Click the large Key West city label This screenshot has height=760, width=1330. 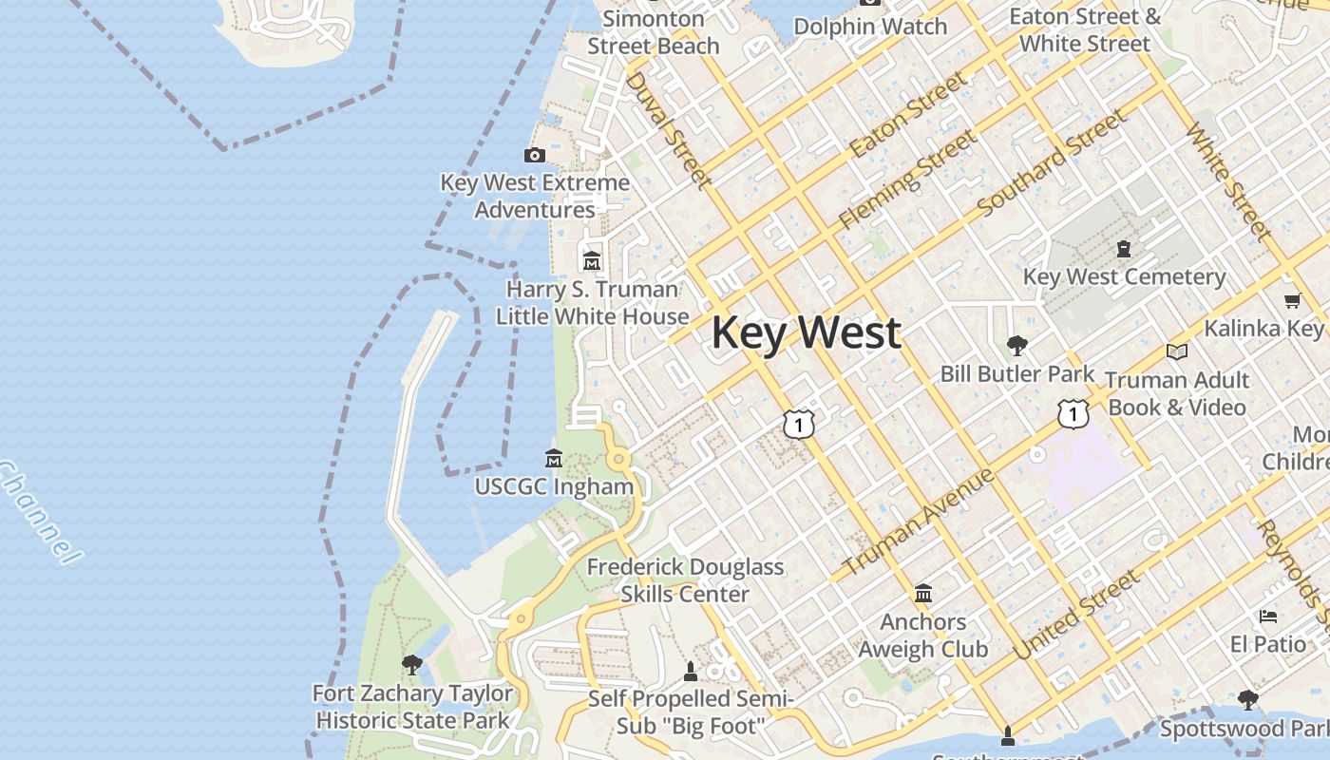(806, 332)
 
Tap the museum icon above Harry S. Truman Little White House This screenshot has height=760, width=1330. (592, 259)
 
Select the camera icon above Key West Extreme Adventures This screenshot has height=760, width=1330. (535, 155)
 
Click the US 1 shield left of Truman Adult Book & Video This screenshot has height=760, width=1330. (1073, 413)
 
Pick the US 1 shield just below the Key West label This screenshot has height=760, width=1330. (799, 424)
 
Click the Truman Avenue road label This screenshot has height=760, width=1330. (918, 521)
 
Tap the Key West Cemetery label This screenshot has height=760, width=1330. (1124, 277)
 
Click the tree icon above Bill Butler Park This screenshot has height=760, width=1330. (1016, 345)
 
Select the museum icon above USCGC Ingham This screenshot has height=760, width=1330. (554, 458)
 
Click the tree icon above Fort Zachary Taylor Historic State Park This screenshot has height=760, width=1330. (411, 664)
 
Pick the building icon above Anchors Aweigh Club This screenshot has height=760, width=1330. (922, 594)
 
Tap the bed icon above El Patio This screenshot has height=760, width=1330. (1267, 617)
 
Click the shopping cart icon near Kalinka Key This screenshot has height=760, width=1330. (1292, 301)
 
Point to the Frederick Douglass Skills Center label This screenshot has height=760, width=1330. (685, 580)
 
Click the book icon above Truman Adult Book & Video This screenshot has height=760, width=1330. (1176, 351)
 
